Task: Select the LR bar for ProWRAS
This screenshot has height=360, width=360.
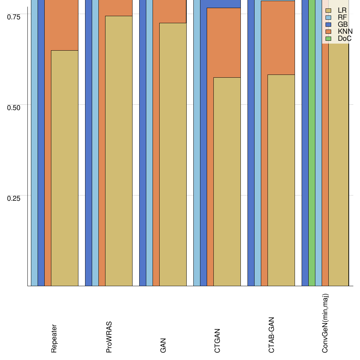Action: click(x=119, y=151)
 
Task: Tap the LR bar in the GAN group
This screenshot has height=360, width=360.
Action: click(x=173, y=154)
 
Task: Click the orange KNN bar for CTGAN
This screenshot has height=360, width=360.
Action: click(x=224, y=42)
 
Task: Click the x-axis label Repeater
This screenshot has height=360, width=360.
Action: click(x=54, y=338)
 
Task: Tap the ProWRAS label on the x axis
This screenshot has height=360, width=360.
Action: click(x=109, y=337)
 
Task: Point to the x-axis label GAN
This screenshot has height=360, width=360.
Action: click(x=163, y=345)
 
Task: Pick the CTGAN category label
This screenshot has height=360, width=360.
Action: click(x=217, y=341)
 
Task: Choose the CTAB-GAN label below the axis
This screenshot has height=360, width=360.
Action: click(x=271, y=335)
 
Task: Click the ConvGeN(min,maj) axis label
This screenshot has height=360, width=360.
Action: click(x=326, y=323)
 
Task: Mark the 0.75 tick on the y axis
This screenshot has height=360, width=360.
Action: click(x=14, y=17)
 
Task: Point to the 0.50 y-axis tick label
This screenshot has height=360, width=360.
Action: click(x=14, y=107)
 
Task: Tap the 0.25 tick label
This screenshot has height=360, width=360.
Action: click(x=14, y=198)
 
